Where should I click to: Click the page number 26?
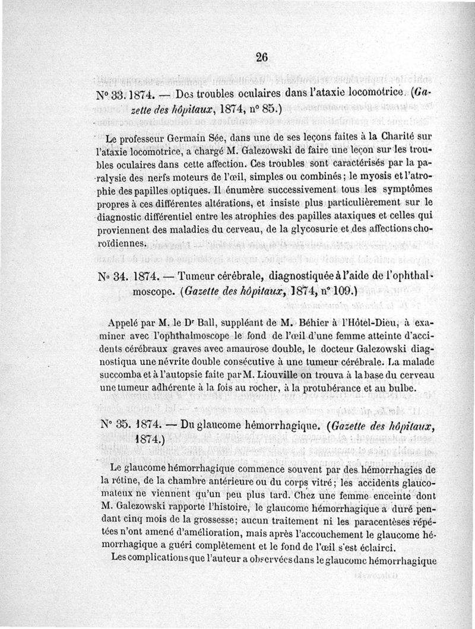pos(262,57)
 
